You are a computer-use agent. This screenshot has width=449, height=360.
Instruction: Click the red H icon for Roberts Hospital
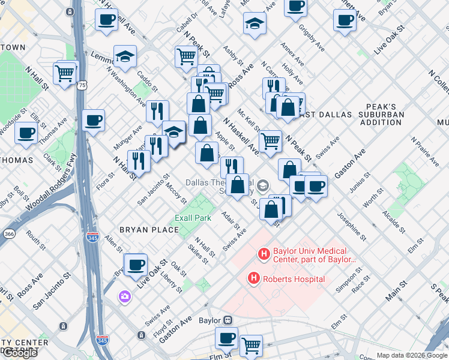(x=254, y=278)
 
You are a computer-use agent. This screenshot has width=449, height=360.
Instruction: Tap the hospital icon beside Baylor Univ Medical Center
(x=263, y=254)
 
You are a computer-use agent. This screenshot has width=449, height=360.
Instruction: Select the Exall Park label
(x=193, y=218)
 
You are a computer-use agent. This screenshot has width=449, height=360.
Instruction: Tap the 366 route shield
(x=8, y=233)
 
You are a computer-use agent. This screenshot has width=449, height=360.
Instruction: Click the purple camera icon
(x=125, y=296)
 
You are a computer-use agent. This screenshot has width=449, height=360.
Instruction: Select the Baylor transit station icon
(x=228, y=320)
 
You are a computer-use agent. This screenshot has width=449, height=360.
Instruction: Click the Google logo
(x=20, y=353)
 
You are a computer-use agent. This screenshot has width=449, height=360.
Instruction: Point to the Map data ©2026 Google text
(x=412, y=355)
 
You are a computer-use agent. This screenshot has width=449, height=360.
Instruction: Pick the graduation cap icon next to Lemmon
(x=125, y=57)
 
